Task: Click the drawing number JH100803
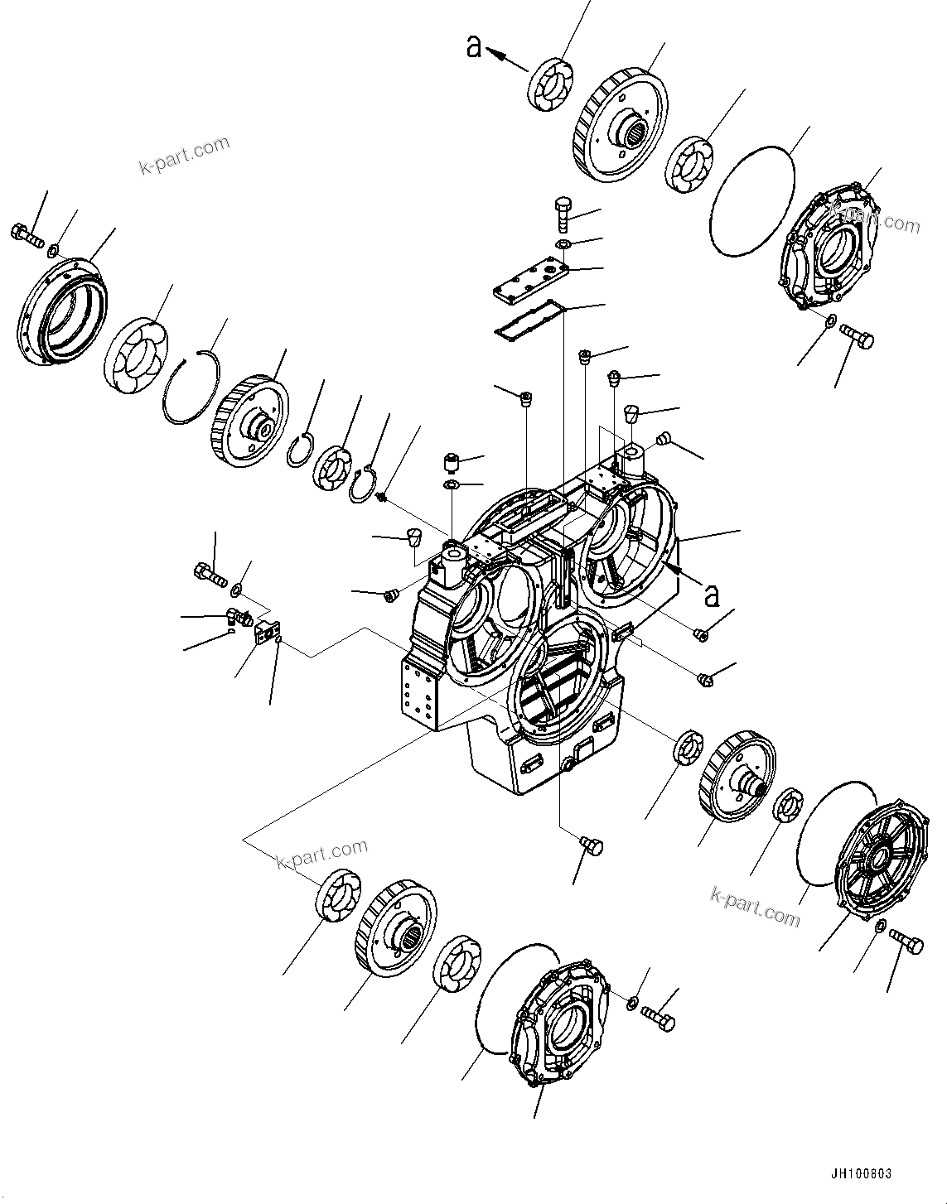[858, 1174]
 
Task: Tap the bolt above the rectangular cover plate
[562, 212]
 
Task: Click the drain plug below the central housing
[592, 845]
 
